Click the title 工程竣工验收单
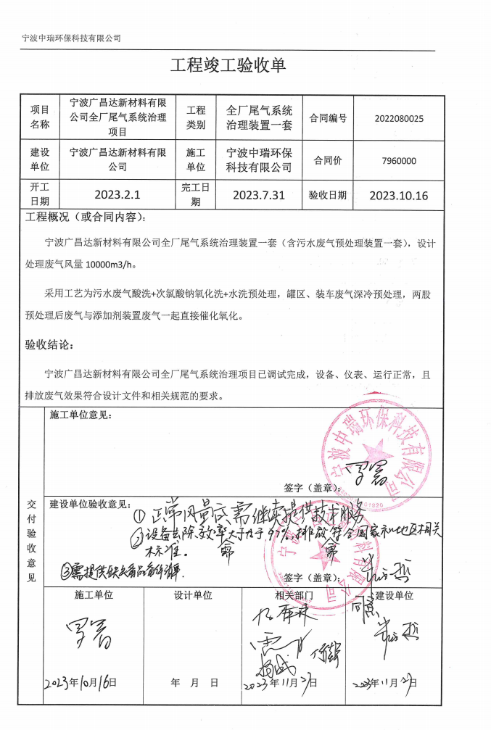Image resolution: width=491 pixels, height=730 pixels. tap(228, 65)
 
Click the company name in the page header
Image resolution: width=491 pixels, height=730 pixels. tap(71, 38)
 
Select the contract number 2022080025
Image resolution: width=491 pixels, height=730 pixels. tap(399, 118)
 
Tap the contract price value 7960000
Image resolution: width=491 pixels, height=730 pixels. tap(399, 161)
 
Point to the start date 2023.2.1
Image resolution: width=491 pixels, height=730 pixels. tap(117, 195)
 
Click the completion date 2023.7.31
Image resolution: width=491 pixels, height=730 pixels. tap(259, 195)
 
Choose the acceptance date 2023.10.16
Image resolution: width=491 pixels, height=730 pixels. tap(398, 195)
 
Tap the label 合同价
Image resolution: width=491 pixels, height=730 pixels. tap(328, 161)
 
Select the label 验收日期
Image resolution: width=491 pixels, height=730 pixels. tap(328, 195)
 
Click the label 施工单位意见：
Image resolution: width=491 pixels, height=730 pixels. tap(81, 415)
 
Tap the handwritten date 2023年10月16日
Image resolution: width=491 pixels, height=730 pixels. tap(80, 683)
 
